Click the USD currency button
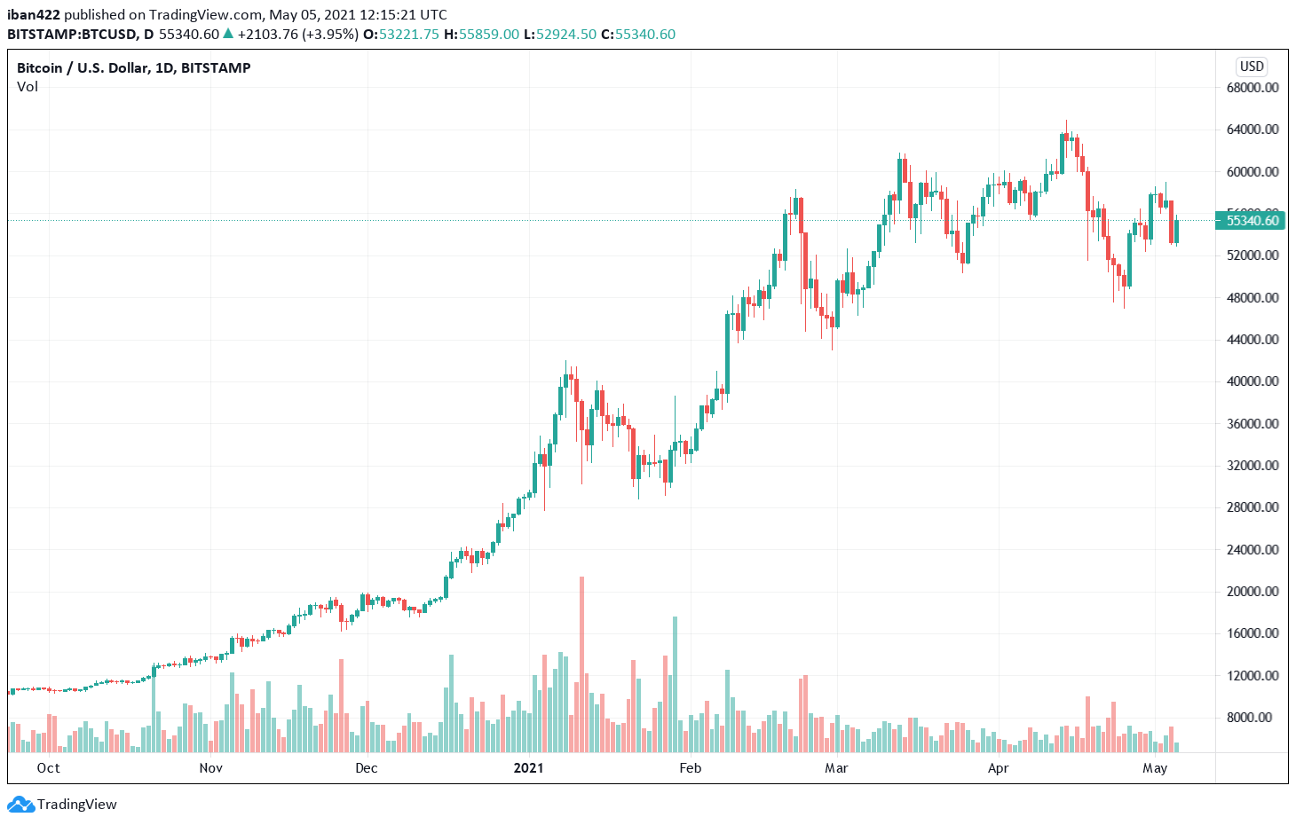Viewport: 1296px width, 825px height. pyautogui.click(x=1252, y=67)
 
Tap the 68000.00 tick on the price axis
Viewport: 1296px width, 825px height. pyautogui.click(x=1253, y=88)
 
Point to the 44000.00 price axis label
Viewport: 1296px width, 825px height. pyautogui.click(x=1253, y=340)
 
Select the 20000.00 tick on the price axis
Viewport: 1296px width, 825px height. pyautogui.click(x=1253, y=592)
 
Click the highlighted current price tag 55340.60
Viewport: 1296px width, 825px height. pyautogui.click(x=1252, y=221)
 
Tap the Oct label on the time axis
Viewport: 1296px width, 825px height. pyautogui.click(x=49, y=768)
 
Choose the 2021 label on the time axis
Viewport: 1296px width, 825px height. pyautogui.click(x=528, y=768)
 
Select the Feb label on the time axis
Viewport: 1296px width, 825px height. pyautogui.click(x=690, y=768)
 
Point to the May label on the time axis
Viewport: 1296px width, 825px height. pyautogui.click(x=1154, y=768)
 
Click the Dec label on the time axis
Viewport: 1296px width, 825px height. pyautogui.click(x=366, y=768)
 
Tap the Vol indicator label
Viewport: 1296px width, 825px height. pyautogui.click(x=28, y=87)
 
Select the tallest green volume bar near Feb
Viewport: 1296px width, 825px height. pyautogui.click(x=675, y=683)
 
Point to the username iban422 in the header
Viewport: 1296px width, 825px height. pyautogui.click(x=34, y=15)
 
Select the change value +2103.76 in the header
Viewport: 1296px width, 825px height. pyautogui.click(x=266, y=35)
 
